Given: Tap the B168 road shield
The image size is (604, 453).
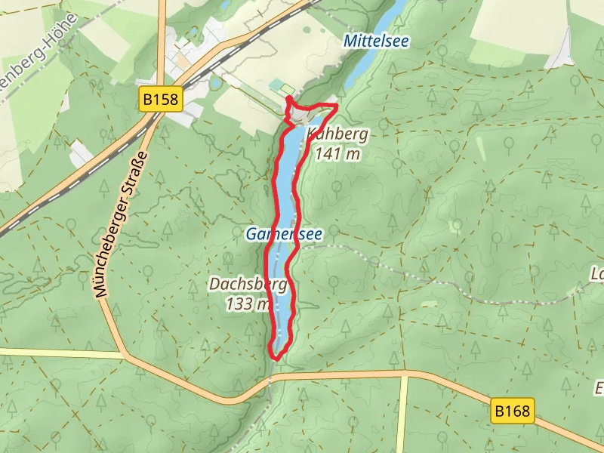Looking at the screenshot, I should (513, 411).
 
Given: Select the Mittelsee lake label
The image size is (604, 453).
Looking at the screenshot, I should (375, 42).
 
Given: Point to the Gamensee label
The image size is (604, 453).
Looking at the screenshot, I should (284, 235).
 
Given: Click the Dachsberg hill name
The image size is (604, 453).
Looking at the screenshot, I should (248, 285).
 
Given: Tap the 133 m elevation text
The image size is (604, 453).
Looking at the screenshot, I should (248, 304).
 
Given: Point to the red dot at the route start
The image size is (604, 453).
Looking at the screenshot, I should (289, 99).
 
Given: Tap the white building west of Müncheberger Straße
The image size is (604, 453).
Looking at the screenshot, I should (81, 155).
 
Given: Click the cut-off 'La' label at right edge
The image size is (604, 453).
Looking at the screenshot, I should (596, 273).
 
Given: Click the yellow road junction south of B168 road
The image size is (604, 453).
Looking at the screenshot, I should (403, 375).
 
